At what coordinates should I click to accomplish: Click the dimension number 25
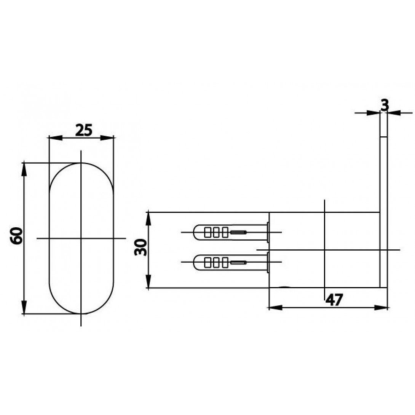84,130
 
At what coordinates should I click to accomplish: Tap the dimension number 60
16,236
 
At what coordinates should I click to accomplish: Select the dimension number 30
140,247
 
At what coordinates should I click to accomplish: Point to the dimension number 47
334,300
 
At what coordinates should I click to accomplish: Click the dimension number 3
385,105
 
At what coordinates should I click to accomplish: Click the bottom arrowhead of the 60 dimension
24,307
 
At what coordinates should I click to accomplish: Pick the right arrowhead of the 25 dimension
107,137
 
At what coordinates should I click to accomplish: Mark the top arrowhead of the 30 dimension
148,219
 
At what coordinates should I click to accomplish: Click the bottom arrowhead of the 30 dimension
148,281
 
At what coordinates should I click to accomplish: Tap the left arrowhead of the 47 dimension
276,308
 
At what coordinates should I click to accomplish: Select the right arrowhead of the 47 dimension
381,308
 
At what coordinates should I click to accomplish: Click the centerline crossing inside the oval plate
81,238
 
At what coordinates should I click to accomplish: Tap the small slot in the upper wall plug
238,232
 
